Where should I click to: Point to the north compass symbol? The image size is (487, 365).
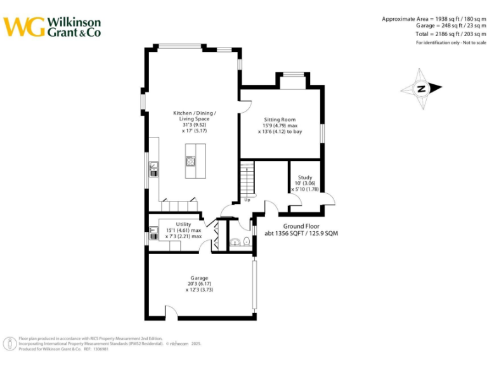[x=420, y=89]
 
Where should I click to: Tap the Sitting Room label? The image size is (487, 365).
[x=280, y=119]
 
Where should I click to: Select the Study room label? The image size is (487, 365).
[x=305, y=177]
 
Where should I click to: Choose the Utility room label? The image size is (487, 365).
[x=183, y=224]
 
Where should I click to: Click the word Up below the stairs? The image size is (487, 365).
[x=247, y=200]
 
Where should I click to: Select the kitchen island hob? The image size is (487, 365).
[x=190, y=161]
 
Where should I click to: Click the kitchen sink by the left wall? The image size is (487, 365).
[x=153, y=169]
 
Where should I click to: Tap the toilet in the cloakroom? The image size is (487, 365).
[x=245, y=241]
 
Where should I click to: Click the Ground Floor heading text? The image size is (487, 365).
[x=301, y=226]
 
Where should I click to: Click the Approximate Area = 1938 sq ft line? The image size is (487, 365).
[x=434, y=19]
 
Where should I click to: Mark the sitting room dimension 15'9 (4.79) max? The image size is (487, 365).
[x=280, y=126]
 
